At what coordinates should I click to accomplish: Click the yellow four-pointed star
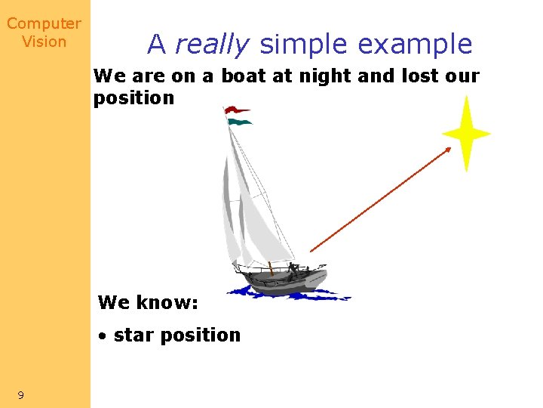point(466,134)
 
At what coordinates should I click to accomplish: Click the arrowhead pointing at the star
point(449,150)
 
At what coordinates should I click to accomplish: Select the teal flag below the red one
point(239,121)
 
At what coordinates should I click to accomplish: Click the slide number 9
point(20,395)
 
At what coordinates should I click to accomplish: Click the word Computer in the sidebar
point(44,24)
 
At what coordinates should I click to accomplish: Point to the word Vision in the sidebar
point(44,42)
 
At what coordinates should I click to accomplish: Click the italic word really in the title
point(211,45)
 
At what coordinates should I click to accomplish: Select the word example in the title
point(415,45)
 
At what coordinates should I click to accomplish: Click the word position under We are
point(133,98)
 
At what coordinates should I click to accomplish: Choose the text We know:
point(148,303)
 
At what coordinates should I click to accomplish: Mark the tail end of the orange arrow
point(311,250)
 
